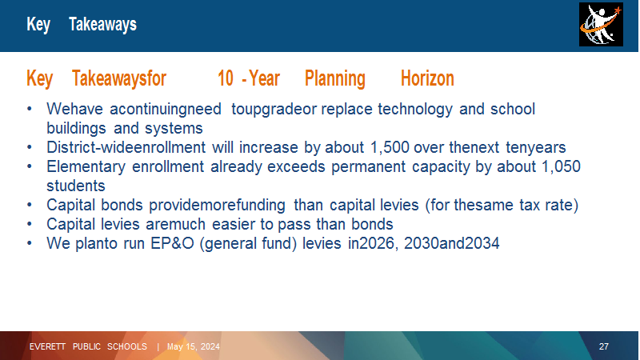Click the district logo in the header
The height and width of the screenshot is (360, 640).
(x=601, y=25)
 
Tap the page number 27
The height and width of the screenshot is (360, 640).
(x=604, y=346)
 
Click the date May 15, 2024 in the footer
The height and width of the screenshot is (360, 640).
(x=194, y=346)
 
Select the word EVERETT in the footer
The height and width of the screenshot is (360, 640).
(x=47, y=346)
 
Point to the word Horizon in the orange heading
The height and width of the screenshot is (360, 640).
(x=427, y=78)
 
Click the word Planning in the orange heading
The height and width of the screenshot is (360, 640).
(x=334, y=78)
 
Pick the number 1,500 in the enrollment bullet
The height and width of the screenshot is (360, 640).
(x=390, y=147)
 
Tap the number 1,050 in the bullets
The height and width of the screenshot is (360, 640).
(x=561, y=166)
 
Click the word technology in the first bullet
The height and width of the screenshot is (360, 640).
(x=415, y=110)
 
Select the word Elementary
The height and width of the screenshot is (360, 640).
(x=86, y=167)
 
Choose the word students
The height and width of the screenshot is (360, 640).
(x=76, y=186)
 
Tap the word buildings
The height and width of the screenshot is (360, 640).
(x=76, y=129)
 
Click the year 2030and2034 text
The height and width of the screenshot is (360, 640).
(x=451, y=243)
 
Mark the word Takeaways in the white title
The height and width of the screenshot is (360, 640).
(x=102, y=25)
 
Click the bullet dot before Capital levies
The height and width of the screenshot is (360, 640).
(x=30, y=224)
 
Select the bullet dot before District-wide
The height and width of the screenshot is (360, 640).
(x=30, y=147)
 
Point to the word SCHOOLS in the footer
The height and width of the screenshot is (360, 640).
(x=127, y=346)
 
